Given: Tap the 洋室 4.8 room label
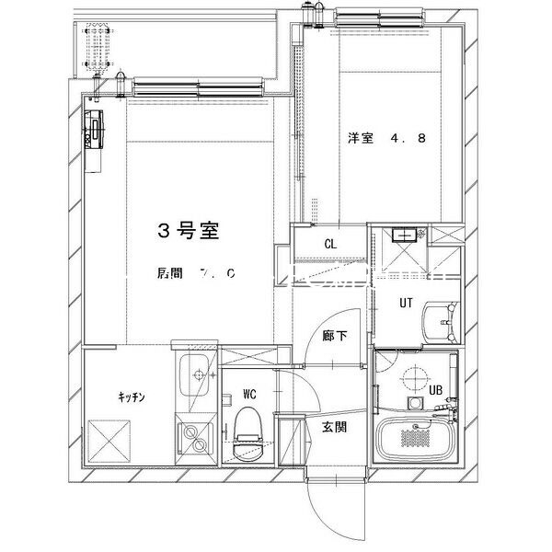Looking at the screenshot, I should (385, 140).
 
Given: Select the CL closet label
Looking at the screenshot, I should (328, 244).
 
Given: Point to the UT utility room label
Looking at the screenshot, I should (404, 302).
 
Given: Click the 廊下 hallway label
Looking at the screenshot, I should (334, 337).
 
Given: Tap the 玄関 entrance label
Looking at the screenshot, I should (333, 426).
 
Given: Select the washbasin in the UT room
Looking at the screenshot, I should (443, 323).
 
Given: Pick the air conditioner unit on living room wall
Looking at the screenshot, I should (96, 129).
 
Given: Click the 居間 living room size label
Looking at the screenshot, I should (197, 273).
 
